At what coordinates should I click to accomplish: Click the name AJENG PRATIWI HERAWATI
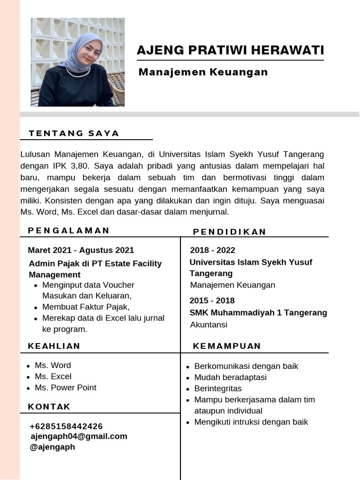point(230,50)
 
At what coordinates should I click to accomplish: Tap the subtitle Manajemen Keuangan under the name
point(203,72)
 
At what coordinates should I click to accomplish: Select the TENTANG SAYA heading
point(74,133)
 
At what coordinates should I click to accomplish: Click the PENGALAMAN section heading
point(68,230)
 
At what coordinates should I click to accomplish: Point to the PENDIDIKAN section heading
point(230,232)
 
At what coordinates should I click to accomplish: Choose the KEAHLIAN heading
point(54,346)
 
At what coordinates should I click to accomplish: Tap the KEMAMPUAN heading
point(227,346)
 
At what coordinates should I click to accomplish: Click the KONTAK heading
point(49,406)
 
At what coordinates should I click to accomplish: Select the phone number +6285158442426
point(66,426)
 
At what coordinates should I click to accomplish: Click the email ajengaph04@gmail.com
point(79,436)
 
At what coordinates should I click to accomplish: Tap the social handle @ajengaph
point(52,447)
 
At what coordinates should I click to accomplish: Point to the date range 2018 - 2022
point(212,250)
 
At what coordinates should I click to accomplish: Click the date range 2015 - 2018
point(212,300)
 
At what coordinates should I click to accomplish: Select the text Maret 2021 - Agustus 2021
point(81,250)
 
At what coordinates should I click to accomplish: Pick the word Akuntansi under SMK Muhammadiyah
point(209,324)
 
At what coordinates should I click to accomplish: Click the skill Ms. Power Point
point(65,388)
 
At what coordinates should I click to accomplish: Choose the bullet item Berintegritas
point(218,389)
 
